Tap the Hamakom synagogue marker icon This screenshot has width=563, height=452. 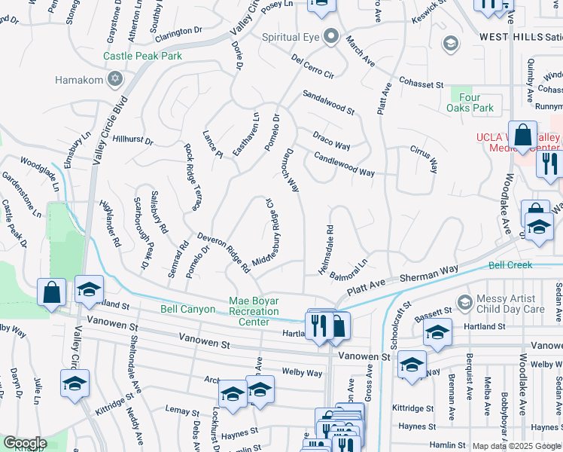coord(115,78)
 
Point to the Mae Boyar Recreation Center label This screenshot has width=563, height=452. coord(254,311)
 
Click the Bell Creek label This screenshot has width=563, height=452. coord(510,265)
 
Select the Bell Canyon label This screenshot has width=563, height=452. coord(188,309)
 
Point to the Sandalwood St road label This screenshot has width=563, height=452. coord(328,102)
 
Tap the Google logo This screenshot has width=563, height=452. coord(24,443)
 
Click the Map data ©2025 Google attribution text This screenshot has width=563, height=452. coord(516,446)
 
